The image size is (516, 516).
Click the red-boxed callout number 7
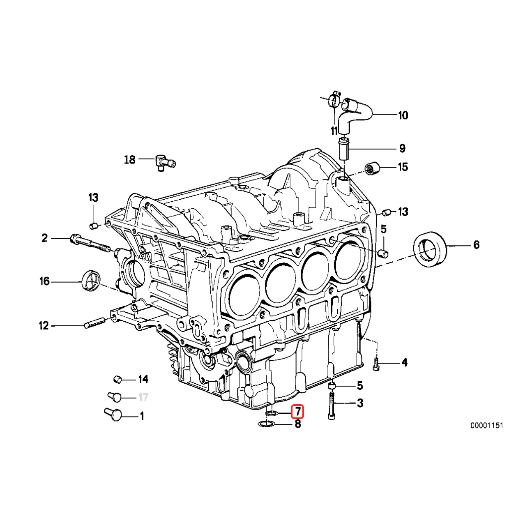[x=297, y=411]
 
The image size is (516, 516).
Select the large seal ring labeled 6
[x=429, y=250]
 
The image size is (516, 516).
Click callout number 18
[x=129, y=159]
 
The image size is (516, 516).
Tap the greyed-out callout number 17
[x=143, y=398]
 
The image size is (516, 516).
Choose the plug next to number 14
[x=118, y=379]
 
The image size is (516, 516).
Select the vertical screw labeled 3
[x=332, y=407]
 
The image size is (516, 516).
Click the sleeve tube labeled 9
[x=344, y=150]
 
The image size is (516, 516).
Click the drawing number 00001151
[x=486, y=426]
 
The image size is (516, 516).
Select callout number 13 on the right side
[x=403, y=212]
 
